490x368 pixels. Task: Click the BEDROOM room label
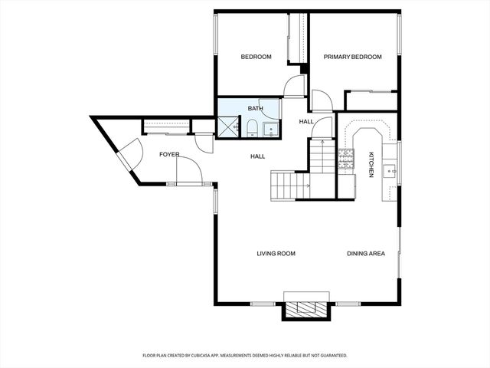(256, 57)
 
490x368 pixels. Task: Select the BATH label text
(255, 108)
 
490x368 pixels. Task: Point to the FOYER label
(169, 154)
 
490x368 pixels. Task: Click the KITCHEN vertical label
(371, 164)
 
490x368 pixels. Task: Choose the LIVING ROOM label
(276, 253)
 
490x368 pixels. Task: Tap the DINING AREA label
(366, 253)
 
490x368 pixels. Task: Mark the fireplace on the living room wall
(307, 308)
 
